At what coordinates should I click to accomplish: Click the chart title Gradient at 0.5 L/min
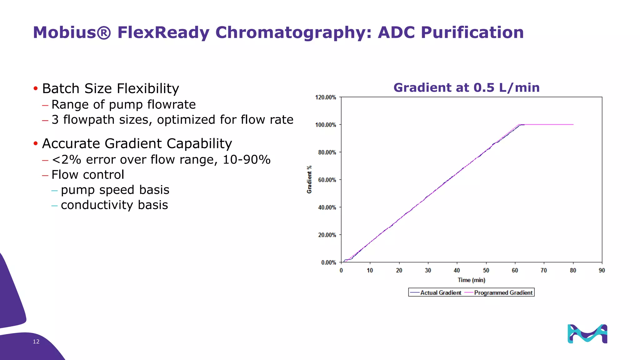[466, 87]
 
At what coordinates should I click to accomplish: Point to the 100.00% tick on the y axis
[326, 125]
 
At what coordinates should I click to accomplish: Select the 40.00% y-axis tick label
[327, 207]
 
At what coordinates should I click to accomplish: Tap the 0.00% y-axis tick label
[328, 262]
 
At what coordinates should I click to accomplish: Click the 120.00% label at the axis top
[326, 97]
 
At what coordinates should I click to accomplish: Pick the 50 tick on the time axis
[486, 271]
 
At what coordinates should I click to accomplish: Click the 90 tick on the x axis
[602, 271]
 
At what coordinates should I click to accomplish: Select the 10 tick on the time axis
[370, 271]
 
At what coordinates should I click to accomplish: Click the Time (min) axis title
[471, 280]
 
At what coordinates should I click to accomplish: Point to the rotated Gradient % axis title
[309, 179]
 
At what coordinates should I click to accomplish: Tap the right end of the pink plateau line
[573, 125]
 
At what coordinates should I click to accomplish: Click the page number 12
[36, 342]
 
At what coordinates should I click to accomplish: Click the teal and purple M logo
[587, 334]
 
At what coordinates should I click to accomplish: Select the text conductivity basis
[114, 205]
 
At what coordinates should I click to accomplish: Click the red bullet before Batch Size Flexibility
[36, 88]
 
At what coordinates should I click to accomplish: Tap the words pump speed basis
[115, 190]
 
